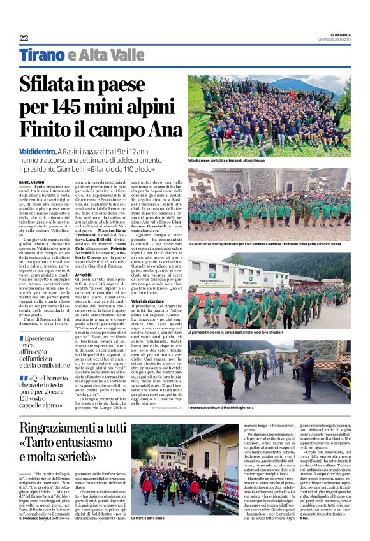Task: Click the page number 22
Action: [x=24, y=38]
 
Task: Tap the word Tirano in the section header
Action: [x=41, y=56]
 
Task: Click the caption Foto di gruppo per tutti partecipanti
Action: [x=235, y=161]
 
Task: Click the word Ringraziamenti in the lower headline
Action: [x=65, y=428]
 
